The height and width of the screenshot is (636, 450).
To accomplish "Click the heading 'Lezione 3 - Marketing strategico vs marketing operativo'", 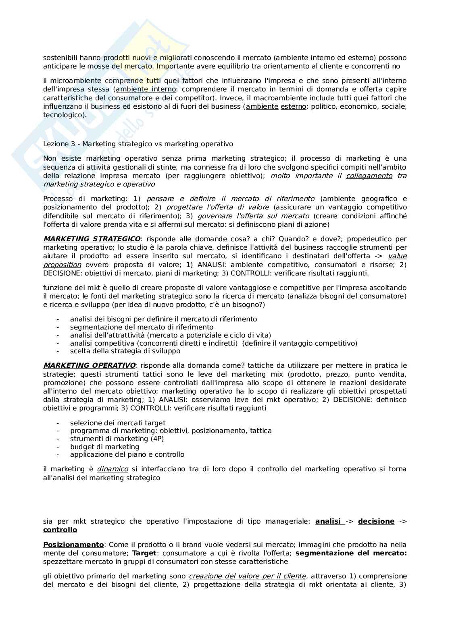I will click(x=138, y=144).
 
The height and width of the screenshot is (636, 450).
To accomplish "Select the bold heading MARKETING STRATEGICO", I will click(x=92, y=239).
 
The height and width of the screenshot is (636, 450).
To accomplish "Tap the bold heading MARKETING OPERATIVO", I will click(x=89, y=365).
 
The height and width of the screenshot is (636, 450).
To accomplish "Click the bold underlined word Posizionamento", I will click(x=73, y=545).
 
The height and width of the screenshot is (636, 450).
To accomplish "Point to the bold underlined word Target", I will click(x=144, y=553).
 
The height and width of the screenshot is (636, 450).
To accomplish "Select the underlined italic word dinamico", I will click(x=112, y=469).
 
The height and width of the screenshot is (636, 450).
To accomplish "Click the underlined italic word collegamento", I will click(x=369, y=176).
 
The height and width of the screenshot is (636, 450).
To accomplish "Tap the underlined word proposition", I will click(x=62, y=265).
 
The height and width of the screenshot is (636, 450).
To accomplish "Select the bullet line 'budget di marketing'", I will click(x=104, y=447).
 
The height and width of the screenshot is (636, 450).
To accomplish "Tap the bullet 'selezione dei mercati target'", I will click(x=118, y=423).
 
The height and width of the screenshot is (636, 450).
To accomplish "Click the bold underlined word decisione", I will click(x=376, y=521).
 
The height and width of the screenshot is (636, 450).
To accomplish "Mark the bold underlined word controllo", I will click(x=60, y=530).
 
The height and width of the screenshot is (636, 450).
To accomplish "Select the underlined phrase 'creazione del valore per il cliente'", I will click(x=247, y=576).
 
